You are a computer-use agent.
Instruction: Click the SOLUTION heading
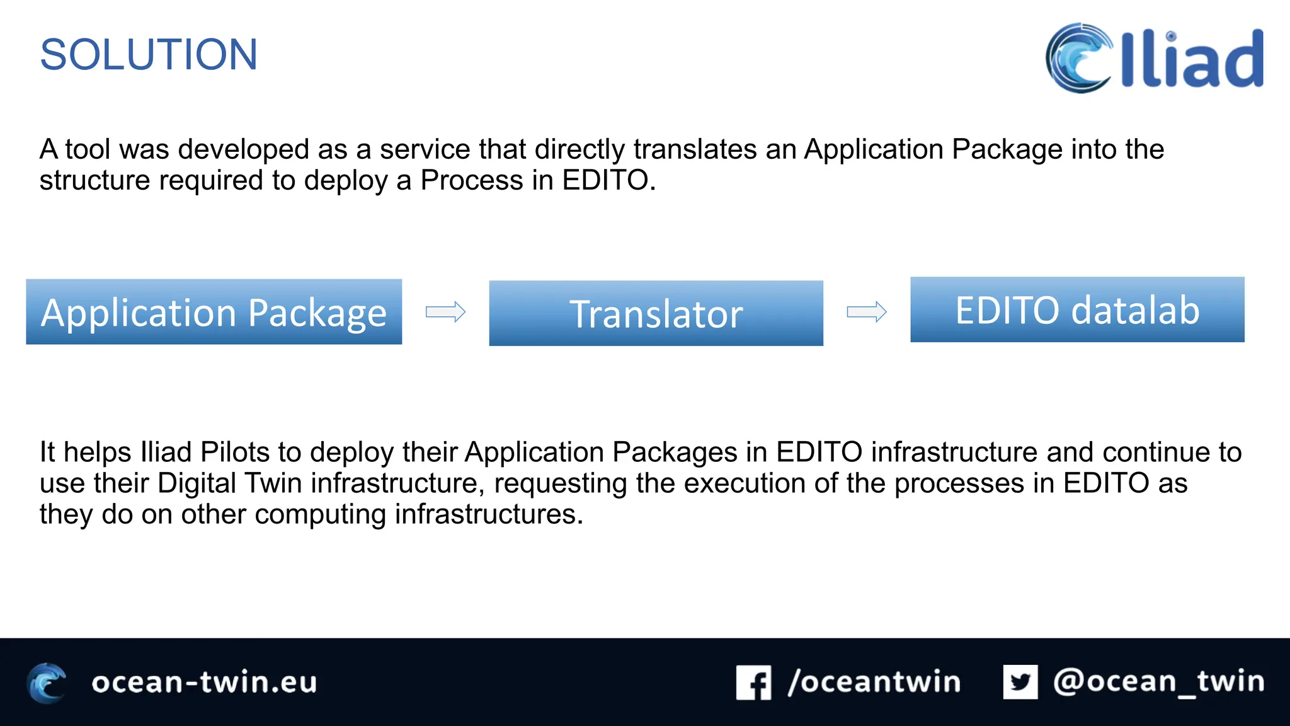pos(149,55)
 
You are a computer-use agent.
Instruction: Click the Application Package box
pos(214,312)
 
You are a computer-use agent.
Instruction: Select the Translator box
pos(656,313)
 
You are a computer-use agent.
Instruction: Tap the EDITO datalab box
pos(1077,309)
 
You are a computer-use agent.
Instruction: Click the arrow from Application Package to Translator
pos(445,311)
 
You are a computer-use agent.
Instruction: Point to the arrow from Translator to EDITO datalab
pos(867,311)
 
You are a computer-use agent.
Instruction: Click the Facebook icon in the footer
pos(753,683)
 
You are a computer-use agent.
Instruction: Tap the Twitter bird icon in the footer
pos(1020,682)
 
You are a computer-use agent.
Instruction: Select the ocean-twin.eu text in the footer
pos(204,683)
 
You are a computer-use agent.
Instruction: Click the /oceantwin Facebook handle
pos(874,682)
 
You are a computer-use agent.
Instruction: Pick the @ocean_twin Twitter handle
pos(1158,682)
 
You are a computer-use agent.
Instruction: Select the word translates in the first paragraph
pos(695,149)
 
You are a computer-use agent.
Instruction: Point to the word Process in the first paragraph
pos(472,180)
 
